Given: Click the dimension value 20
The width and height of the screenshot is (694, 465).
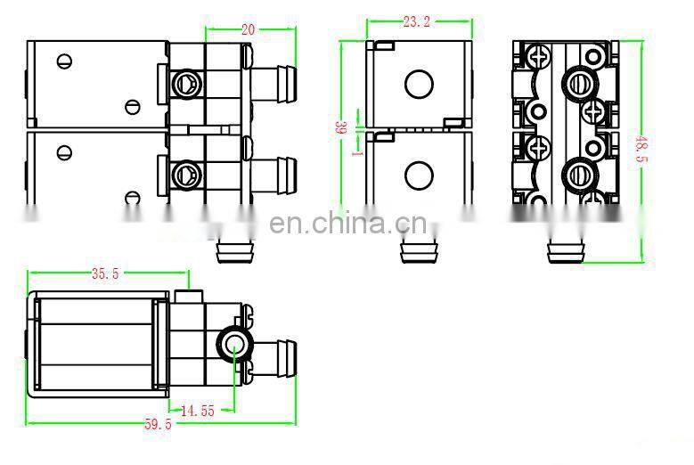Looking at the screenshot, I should [248, 29].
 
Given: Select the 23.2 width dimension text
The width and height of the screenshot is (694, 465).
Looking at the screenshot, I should [416, 21].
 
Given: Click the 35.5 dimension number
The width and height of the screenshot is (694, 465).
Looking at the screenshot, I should [104, 274].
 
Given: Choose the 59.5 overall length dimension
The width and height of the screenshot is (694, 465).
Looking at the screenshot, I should [158, 425].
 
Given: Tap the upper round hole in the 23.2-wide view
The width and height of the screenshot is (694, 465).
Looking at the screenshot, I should [417, 85].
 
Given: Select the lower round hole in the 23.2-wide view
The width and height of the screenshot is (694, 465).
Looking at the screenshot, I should [417, 174].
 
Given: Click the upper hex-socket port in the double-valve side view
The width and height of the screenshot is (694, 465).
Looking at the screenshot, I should [187, 85].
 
